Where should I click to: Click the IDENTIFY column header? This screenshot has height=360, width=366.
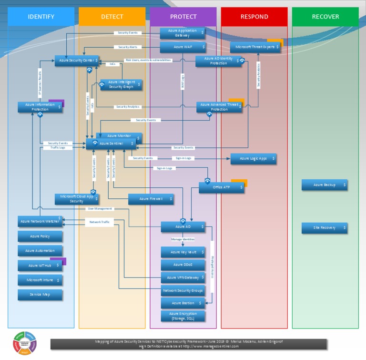click(41, 17)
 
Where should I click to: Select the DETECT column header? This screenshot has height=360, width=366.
click(112, 17)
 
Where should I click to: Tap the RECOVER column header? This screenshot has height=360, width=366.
click(325, 17)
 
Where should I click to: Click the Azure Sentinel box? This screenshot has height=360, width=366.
click(111, 144)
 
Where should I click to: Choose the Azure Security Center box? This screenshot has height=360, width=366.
click(77, 61)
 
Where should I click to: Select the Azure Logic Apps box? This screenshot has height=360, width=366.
click(253, 159)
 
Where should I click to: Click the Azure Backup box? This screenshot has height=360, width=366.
click(325, 185)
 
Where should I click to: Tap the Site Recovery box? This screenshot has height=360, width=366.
click(325, 228)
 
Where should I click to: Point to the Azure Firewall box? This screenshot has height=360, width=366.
click(151, 199)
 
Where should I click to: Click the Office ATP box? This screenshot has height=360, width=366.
click(222, 188)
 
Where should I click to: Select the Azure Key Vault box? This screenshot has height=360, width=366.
click(183, 252)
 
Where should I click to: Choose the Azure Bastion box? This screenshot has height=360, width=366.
click(183, 303)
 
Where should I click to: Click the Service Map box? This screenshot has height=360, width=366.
click(40, 295)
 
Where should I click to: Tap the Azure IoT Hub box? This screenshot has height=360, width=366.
click(40, 266)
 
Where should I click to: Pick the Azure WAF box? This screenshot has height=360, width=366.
click(183, 47)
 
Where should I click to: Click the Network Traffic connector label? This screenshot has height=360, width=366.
click(100, 222)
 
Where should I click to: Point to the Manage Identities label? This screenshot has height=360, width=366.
click(183, 239)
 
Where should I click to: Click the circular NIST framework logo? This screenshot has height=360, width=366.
click(25, 343)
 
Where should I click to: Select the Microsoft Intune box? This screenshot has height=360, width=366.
click(40, 280)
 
